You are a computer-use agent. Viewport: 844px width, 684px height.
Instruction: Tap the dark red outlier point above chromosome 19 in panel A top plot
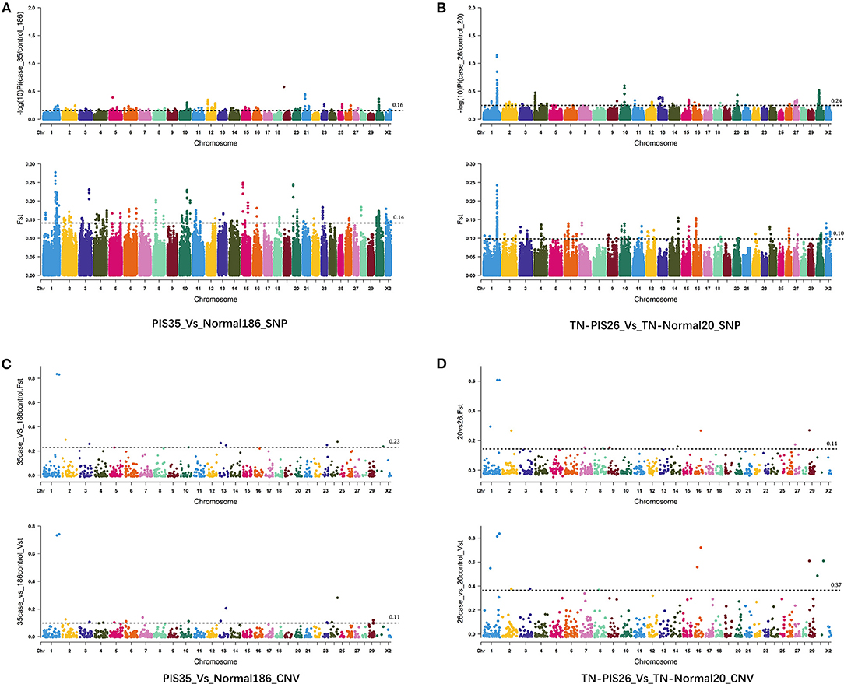click(284, 86)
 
